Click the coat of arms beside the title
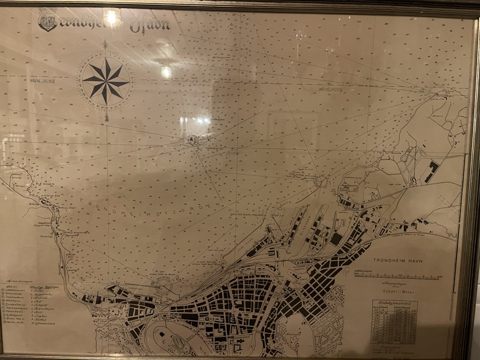(x=47, y=20)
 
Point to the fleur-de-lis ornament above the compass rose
(x=105, y=43)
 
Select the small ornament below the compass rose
(x=106, y=117)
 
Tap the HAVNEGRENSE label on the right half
(x=330, y=89)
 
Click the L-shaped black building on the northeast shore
(x=431, y=170)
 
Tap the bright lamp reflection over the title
(x=111, y=17)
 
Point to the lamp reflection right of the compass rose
(x=166, y=71)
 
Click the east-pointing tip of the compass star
(x=129, y=81)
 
